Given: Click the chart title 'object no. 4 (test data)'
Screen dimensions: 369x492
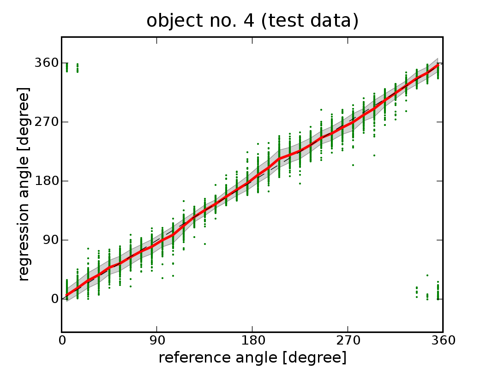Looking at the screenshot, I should tap(252, 21).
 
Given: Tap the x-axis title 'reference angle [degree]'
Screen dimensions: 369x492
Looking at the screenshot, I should tap(252, 357).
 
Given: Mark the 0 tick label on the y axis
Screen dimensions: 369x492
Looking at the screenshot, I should tap(54, 299).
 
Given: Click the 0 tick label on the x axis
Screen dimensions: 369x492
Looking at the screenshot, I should tap(62, 341).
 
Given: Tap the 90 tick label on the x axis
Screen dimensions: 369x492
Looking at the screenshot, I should tap(157, 341).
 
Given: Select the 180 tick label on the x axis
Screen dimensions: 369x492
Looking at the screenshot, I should tap(252, 341).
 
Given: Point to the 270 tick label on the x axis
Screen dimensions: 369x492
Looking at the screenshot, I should tap(348, 341).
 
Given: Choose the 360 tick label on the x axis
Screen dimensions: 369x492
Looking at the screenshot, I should tap(443, 341).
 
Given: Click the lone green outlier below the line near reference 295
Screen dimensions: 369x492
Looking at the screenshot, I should tap(374, 155).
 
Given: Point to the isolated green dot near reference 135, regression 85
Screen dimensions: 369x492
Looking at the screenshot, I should tap(204, 244).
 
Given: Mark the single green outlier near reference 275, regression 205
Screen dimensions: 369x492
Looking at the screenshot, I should tap(353, 165).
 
